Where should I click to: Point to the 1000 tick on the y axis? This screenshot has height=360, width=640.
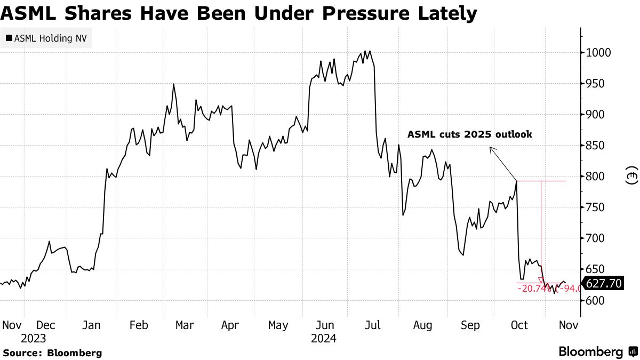[x=599, y=53]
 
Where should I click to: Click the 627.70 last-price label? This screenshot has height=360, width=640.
[x=604, y=283]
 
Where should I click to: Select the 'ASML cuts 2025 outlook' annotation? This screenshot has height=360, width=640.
[x=470, y=134]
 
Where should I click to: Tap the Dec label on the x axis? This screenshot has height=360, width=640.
[x=46, y=325]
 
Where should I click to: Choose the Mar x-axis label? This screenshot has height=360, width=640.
[x=185, y=325]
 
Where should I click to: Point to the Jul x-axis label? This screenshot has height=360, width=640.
[x=373, y=325]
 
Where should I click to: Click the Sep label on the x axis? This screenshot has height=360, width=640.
[x=470, y=325]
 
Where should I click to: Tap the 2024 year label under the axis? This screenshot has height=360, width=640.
[x=324, y=338]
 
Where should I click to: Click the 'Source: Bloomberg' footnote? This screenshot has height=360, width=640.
[x=52, y=353]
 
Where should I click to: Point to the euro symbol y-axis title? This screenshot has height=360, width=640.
[x=631, y=177]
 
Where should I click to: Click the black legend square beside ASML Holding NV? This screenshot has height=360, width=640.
[x=9, y=38]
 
